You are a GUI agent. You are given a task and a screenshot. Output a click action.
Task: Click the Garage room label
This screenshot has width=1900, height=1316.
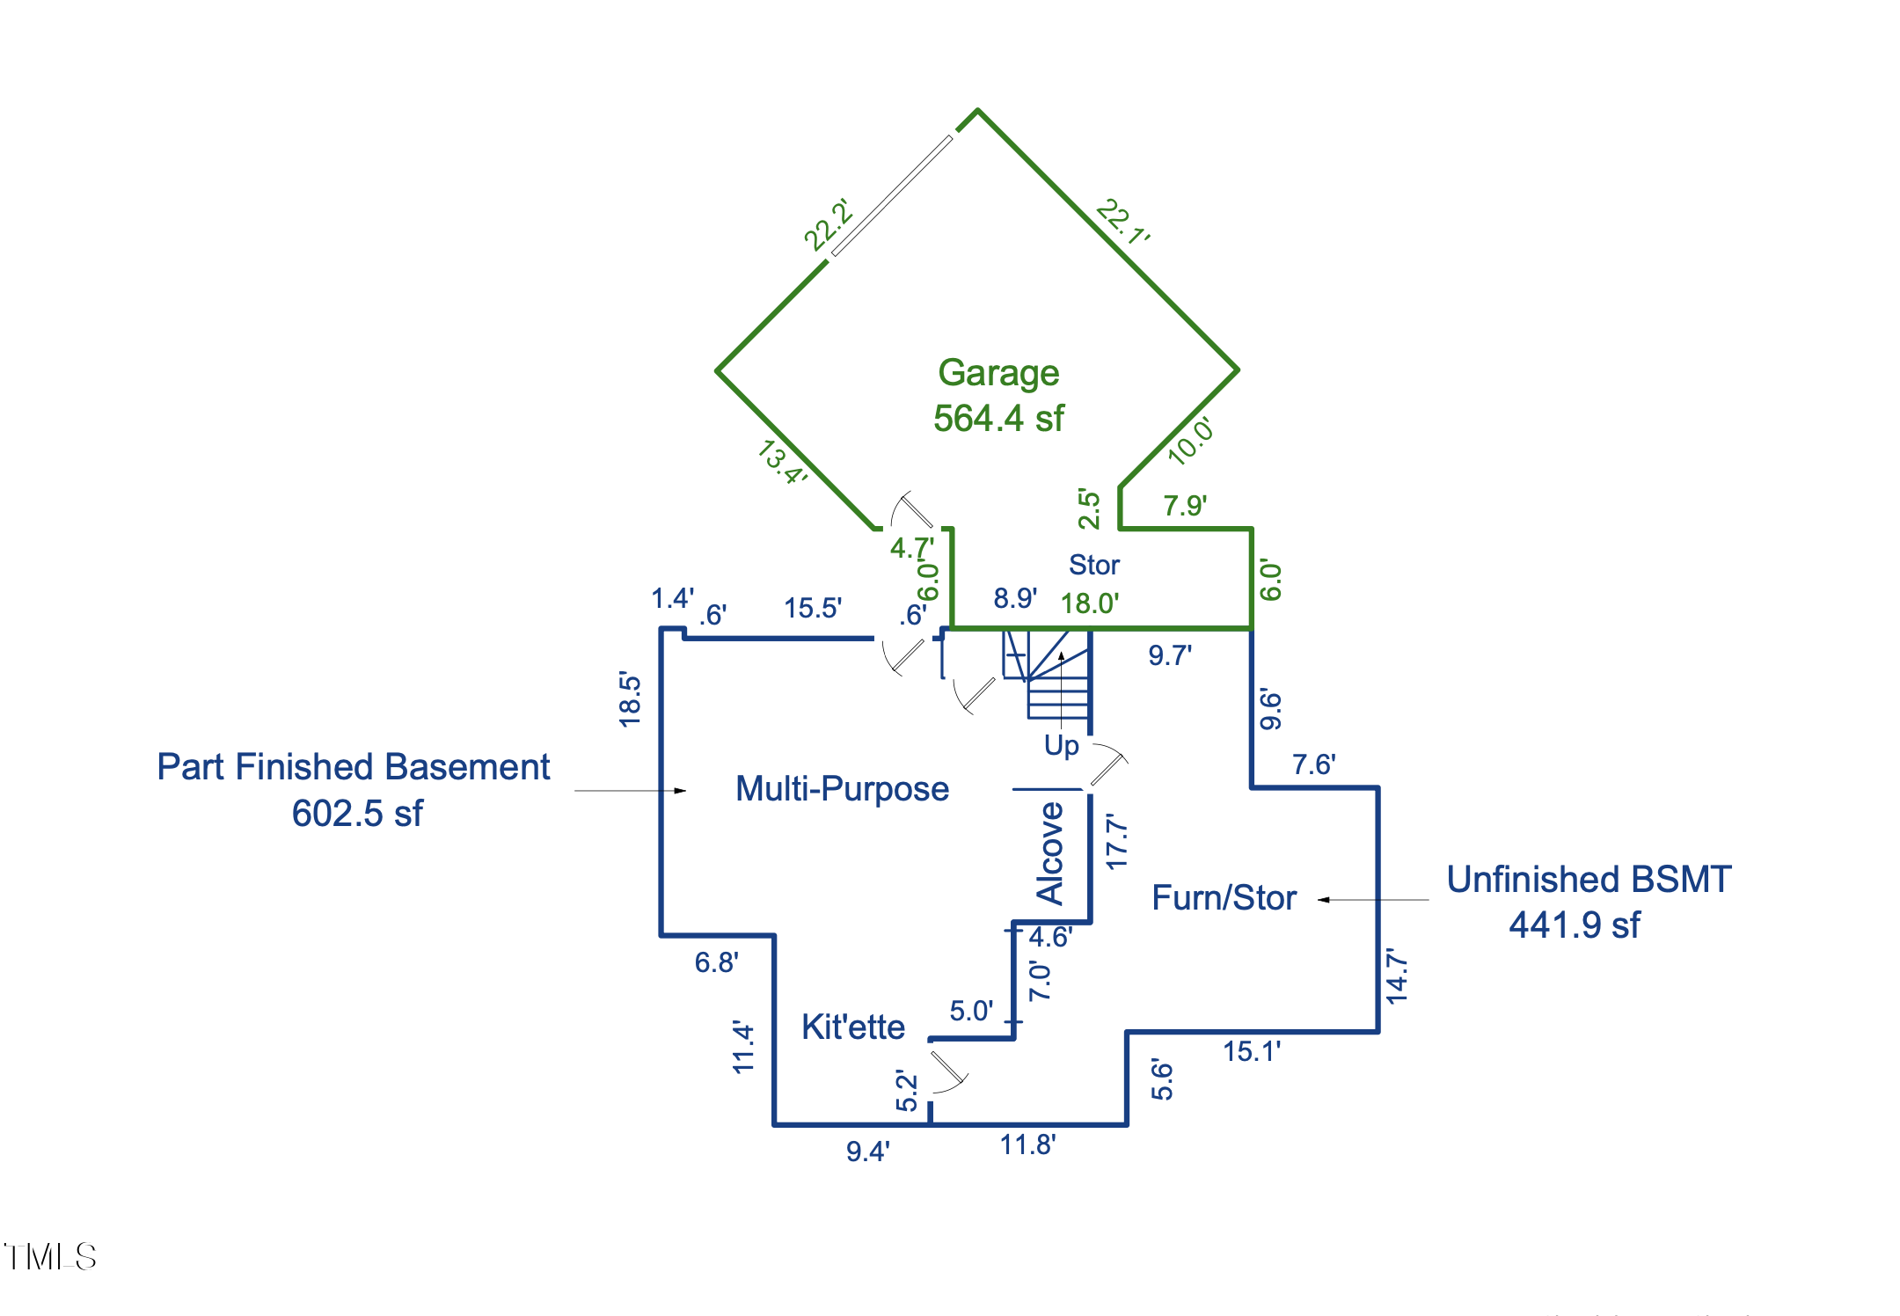click(x=998, y=373)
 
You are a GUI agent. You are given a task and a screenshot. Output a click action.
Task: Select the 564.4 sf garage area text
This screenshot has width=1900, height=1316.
click(x=998, y=419)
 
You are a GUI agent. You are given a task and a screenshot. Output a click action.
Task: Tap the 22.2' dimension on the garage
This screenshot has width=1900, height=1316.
click(x=829, y=224)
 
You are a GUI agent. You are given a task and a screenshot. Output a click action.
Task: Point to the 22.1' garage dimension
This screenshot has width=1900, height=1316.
click(x=1123, y=222)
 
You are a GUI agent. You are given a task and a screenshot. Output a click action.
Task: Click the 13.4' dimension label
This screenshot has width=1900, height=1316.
click(x=782, y=462)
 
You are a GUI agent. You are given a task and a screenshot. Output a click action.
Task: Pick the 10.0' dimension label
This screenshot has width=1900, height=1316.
click(x=1191, y=440)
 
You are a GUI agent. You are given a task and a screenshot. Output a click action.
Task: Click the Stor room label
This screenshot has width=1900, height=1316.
click(x=1093, y=565)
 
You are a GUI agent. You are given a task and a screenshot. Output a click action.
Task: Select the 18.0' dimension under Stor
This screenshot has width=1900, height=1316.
click(x=1089, y=603)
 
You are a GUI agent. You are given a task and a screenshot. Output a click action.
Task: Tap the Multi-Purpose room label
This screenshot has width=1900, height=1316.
click(x=842, y=789)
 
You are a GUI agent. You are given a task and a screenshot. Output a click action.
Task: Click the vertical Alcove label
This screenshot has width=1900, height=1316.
click(x=1050, y=853)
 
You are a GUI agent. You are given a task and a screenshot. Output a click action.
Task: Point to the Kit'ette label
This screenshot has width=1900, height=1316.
click(x=852, y=1027)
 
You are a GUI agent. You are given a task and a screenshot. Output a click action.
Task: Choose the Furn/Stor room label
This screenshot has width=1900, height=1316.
click(x=1224, y=898)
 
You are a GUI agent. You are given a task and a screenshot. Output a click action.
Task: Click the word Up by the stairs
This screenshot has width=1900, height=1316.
click(x=1061, y=746)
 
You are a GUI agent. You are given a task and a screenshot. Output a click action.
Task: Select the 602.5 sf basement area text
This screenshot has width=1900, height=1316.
click(x=357, y=814)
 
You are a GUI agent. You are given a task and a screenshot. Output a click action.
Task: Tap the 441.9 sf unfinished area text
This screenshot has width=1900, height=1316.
click(x=1574, y=925)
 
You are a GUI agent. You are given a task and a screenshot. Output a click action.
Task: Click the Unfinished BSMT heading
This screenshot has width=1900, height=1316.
click(x=1589, y=880)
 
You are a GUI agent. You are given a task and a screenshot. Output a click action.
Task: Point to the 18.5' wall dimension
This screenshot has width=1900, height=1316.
click(x=630, y=699)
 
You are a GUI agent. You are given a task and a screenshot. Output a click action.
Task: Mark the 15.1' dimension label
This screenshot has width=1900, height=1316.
click(x=1251, y=1051)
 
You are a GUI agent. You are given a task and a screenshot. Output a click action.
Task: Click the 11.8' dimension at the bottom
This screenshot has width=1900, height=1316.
click(x=1027, y=1144)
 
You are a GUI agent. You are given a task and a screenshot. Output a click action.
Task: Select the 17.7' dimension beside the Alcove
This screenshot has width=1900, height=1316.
click(x=1116, y=842)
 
